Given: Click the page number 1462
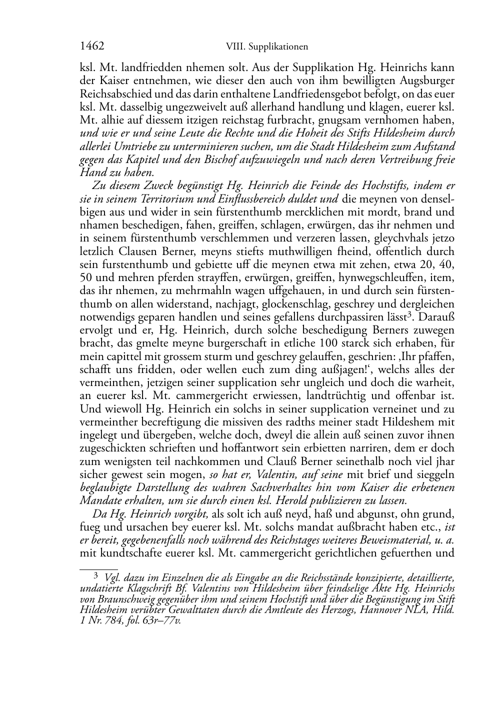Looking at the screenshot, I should click(x=92, y=47).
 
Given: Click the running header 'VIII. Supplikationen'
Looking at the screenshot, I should click(x=267, y=47).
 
